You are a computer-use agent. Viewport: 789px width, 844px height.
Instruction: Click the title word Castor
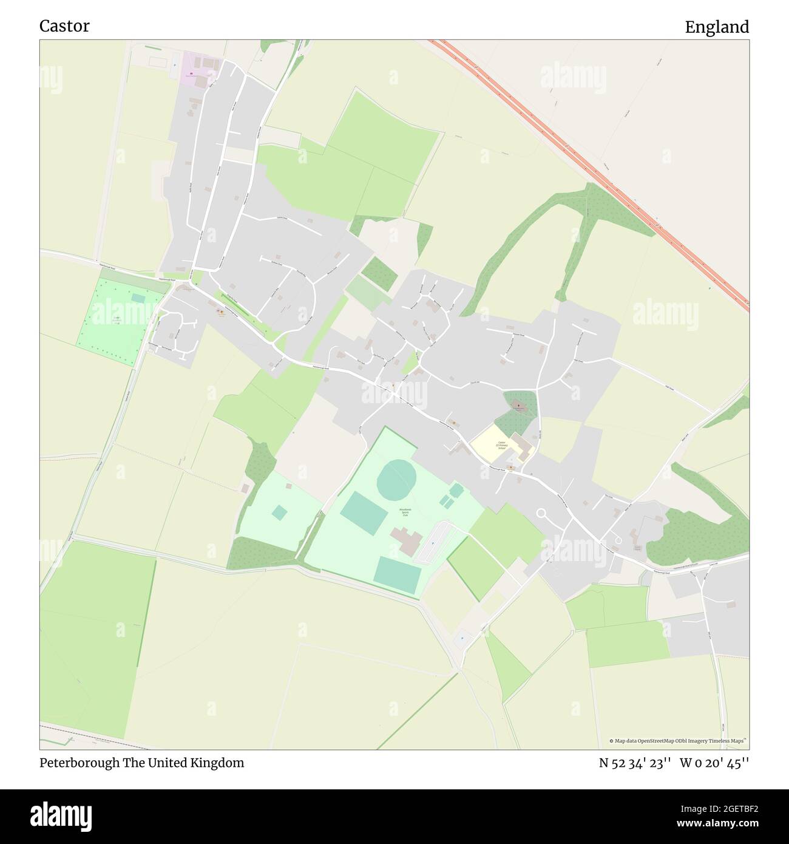[x=64, y=26]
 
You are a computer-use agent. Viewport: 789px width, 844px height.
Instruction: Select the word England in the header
[x=717, y=27]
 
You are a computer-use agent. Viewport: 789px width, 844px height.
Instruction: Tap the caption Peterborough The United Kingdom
[x=142, y=763]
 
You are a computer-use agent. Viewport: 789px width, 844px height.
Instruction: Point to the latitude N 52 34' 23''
[x=634, y=763]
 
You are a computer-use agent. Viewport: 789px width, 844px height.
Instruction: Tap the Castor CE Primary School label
[x=501, y=445]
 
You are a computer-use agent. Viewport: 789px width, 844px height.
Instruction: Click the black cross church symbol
[x=518, y=404]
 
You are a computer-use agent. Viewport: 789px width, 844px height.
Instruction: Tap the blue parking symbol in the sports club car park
[x=432, y=542]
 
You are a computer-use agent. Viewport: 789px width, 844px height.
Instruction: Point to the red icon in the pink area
[x=192, y=74]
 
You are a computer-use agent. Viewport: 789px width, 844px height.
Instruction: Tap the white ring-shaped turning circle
[x=541, y=513]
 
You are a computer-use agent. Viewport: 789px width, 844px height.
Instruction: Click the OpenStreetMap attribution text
[x=678, y=741]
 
